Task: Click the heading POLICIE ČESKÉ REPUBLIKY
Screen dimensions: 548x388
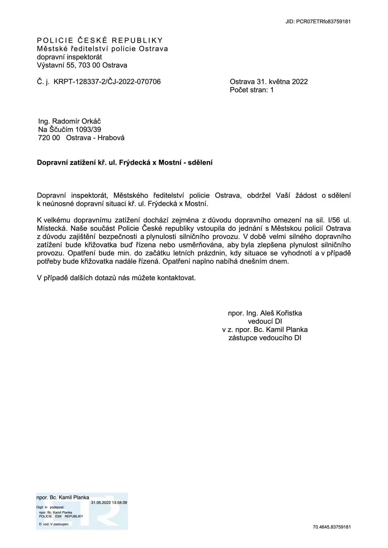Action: click(x=100, y=41)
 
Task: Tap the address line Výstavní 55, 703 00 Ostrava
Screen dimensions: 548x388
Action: click(x=82, y=65)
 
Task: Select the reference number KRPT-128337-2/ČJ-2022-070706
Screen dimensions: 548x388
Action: click(x=107, y=82)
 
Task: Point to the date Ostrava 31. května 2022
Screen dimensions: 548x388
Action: click(x=269, y=82)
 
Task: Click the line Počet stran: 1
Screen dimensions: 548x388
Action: click(x=252, y=90)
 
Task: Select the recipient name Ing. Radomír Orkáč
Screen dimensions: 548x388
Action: click(x=69, y=121)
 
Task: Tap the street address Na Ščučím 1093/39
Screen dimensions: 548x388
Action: click(x=69, y=129)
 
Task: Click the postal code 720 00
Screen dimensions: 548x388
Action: click(x=49, y=138)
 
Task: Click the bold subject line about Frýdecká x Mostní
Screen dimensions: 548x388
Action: click(x=125, y=162)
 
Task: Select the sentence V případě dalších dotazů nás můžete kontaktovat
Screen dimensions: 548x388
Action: click(x=116, y=278)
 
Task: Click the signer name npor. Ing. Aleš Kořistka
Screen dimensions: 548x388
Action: click(x=265, y=313)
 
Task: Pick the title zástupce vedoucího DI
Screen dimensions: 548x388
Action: click(x=265, y=338)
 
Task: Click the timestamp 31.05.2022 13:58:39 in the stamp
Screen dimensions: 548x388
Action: click(x=109, y=503)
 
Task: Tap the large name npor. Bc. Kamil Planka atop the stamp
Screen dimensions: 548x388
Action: click(x=63, y=497)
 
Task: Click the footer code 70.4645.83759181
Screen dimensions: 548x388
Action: click(x=331, y=527)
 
